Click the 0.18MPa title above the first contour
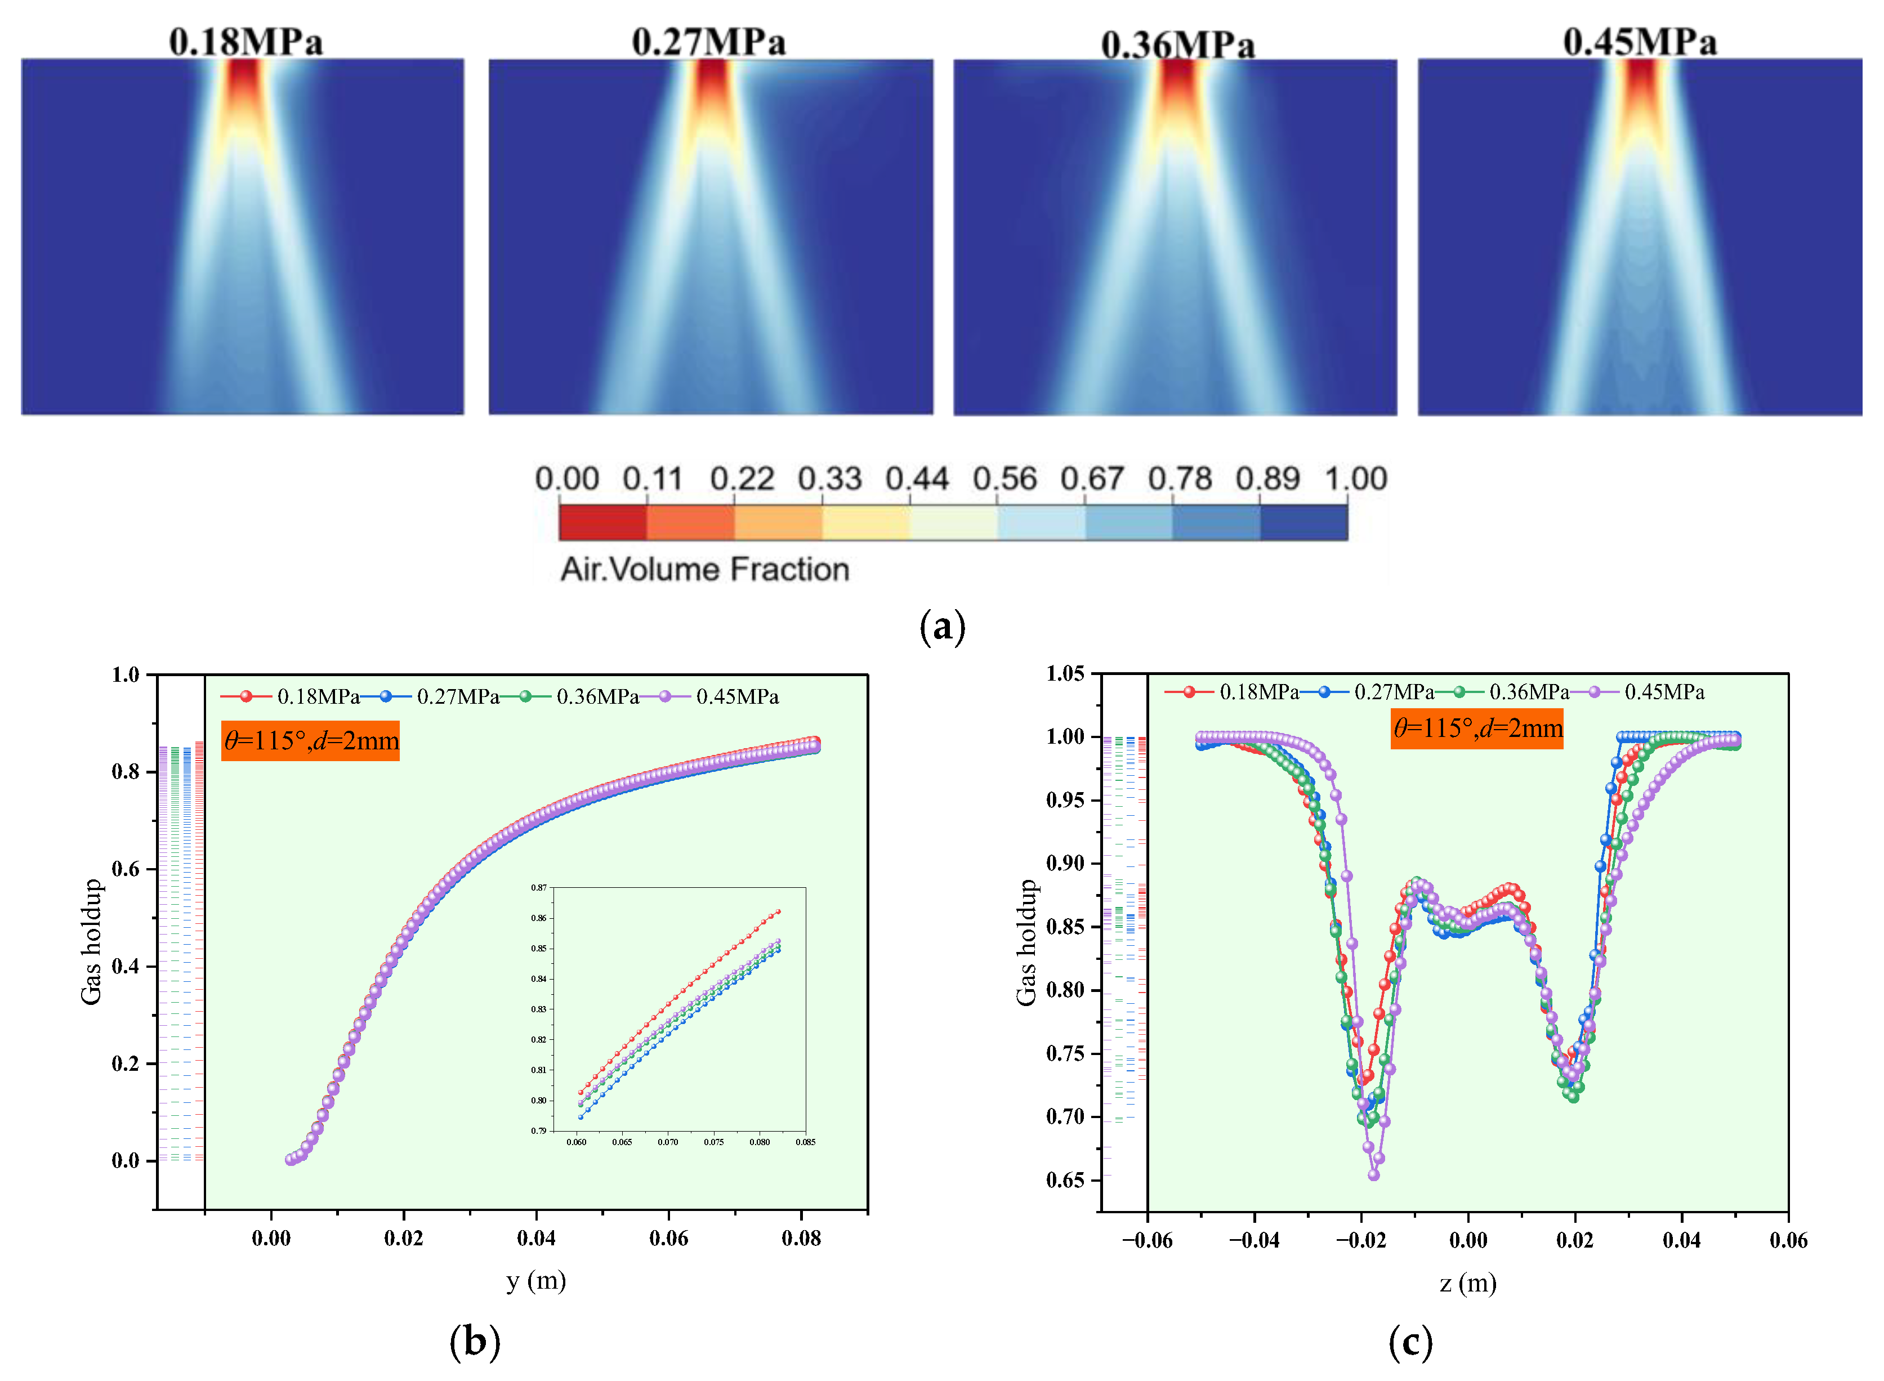tap(245, 42)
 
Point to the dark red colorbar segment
tap(602, 522)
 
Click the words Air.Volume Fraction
tap(704, 569)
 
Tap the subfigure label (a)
tap(942, 625)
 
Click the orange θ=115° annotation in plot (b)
tap(310, 741)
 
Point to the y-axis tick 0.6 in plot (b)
tap(126, 869)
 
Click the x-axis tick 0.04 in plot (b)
tap(536, 1238)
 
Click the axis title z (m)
tap(1468, 1282)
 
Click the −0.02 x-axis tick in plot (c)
tap(1361, 1240)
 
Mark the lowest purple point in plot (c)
tap(1373, 1174)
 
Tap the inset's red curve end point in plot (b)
tap(778, 911)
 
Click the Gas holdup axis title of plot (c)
tap(1026, 942)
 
